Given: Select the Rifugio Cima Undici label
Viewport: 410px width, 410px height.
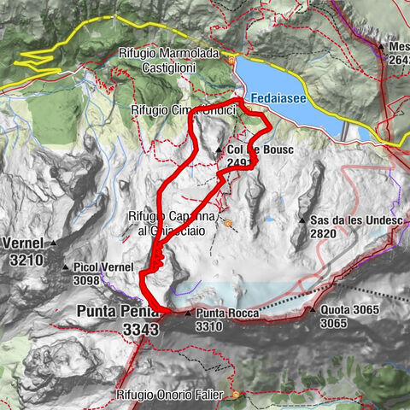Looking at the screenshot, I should tap(183, 110).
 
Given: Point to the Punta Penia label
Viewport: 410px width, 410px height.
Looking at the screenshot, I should tap(112, 311).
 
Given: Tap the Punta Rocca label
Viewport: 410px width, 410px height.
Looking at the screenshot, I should tap(221, 314).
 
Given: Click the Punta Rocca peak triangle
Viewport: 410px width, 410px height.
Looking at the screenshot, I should tap(189, 313).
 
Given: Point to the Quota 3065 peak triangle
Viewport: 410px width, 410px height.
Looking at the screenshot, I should tap(313, 309).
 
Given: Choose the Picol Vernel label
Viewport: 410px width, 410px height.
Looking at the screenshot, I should tap(107, 267).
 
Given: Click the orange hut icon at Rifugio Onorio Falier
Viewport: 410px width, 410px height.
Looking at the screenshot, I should tap(235, 395).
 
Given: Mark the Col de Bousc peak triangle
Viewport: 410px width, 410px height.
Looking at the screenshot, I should tap(220, 149).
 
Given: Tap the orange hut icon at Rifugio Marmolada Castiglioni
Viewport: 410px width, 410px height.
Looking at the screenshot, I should tap(231, 61).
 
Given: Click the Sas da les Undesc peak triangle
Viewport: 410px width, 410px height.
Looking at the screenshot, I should tap(302, 220).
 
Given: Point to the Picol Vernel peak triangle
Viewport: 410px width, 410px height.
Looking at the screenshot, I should tap(67, 267).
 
